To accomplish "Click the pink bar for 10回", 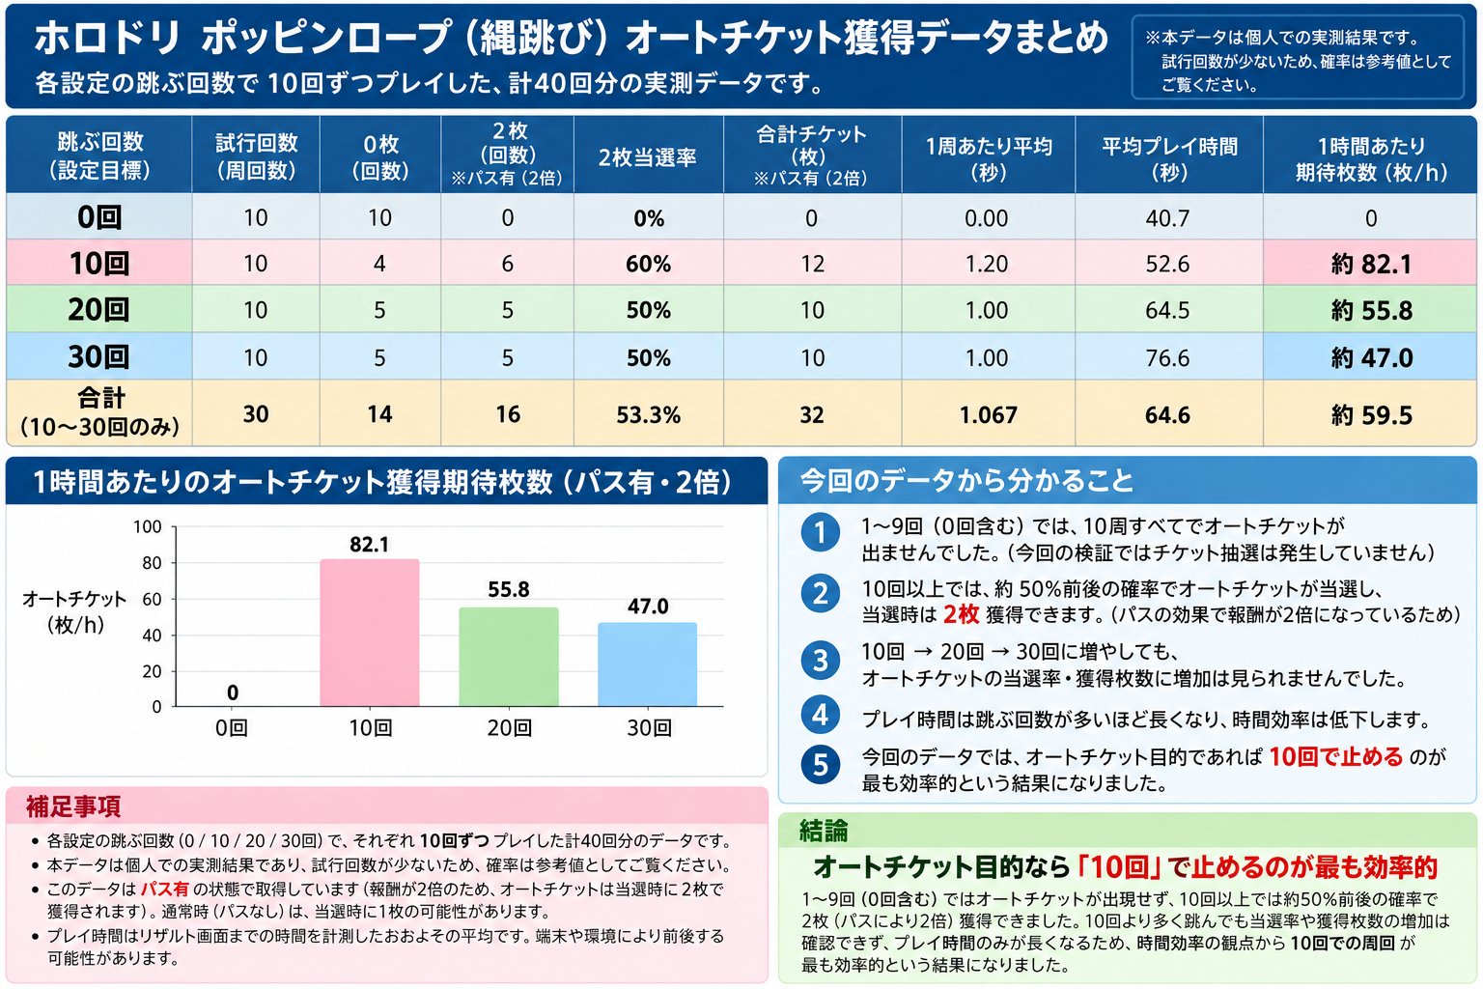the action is tap(370, 633).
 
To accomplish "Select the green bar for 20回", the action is tap(509, 657).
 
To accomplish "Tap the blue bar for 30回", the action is tap(648, 664).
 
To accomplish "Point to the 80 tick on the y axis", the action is tap(152, 563).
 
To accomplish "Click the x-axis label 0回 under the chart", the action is tap(231, 728).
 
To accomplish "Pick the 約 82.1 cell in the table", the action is tap(1371, 265).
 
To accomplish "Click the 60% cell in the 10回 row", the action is tap(648, 265).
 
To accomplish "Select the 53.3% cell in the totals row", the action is tap(648, 415).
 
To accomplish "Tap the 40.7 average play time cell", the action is tap(1167, 218).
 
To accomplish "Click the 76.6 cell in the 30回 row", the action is tap(1167, 358).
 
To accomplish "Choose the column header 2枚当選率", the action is tap(647, 157).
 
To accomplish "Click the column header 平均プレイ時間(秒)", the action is tap(1169, 159).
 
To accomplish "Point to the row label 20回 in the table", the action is tap(98, 310).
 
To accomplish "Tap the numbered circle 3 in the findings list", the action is tap(821, 661).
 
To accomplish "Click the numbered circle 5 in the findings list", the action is tap(821, 765).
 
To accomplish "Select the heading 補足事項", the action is tap(73, 806).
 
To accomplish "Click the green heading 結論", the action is tap(824, 831).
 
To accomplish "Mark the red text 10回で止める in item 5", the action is tap(1335, 756).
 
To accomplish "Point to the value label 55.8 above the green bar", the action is tap(509, 589).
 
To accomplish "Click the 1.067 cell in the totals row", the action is tap(989, 415).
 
